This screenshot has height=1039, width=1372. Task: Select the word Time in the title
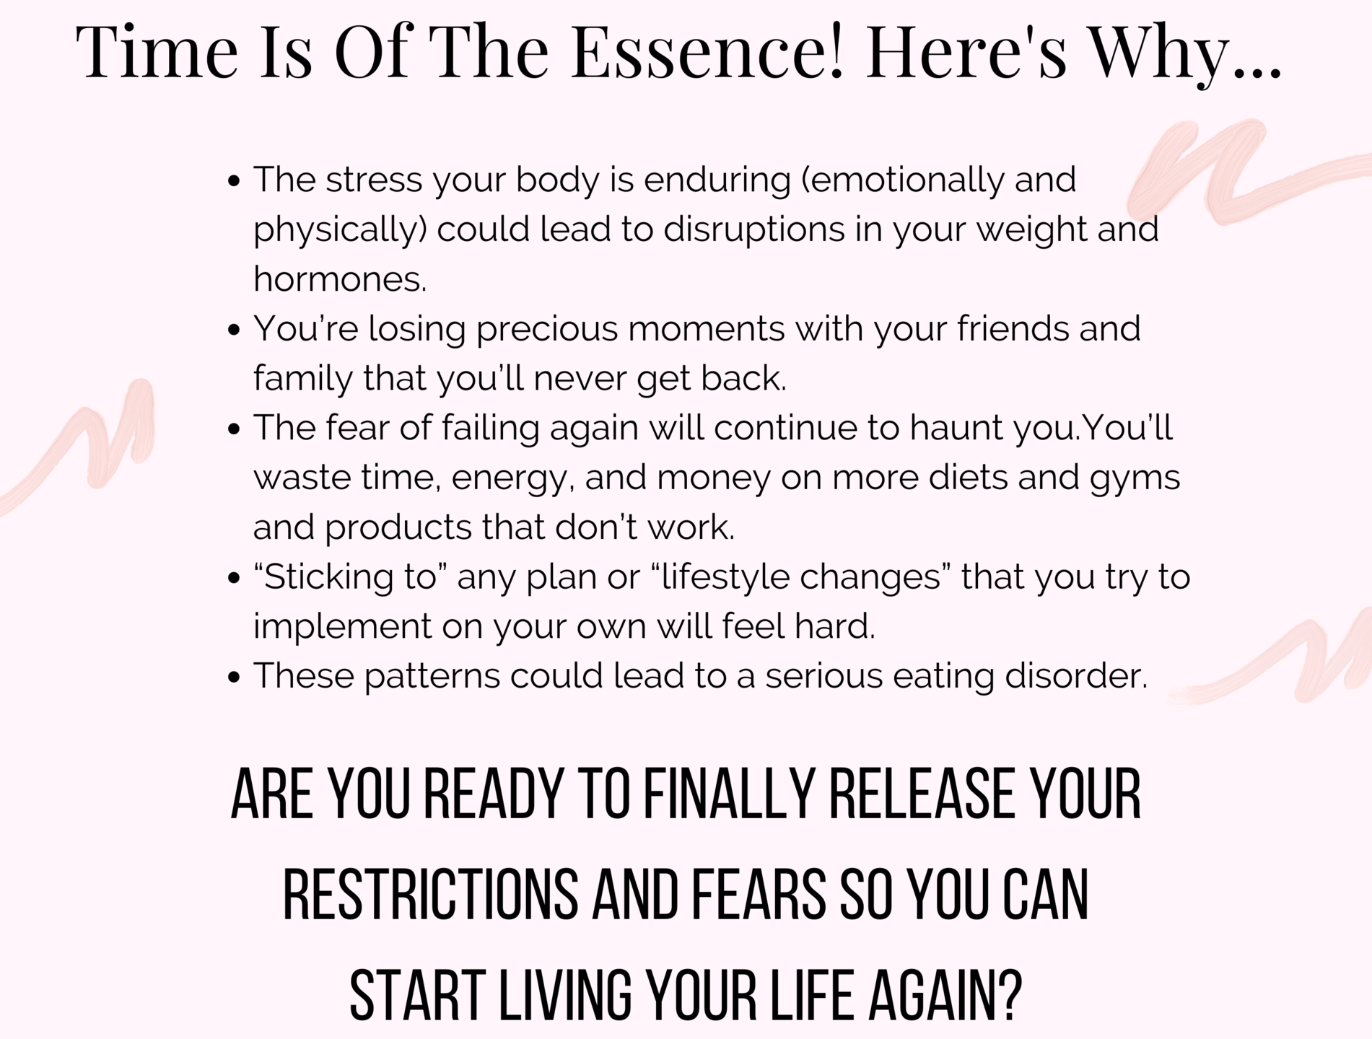157,51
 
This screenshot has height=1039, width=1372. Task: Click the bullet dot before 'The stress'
233,180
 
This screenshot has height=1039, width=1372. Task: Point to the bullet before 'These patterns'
233,677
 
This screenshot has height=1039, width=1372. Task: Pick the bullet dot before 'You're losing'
233,330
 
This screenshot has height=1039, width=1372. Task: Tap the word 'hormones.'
340,279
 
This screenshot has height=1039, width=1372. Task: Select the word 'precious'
547,330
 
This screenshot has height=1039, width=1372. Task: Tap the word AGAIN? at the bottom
945,996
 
